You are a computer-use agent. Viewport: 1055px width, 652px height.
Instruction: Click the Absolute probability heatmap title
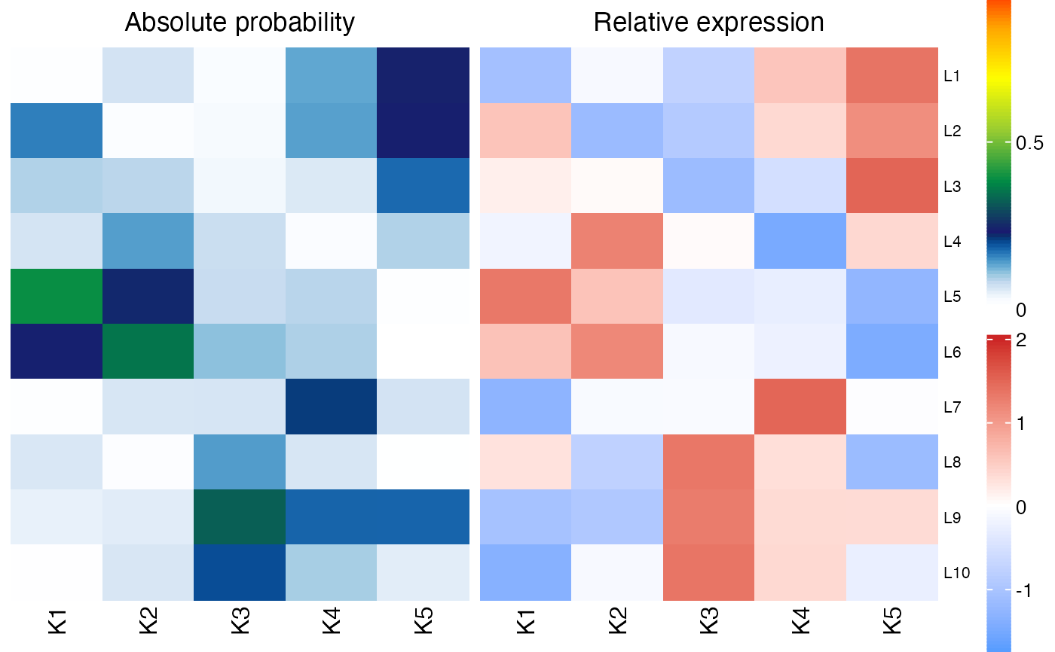pos(240,23)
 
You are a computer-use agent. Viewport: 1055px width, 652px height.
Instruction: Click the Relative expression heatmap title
pos(708,23)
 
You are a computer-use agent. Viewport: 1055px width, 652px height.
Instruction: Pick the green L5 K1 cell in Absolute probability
pos(57,297)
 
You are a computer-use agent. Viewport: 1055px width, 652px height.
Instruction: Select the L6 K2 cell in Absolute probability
pos(148,352)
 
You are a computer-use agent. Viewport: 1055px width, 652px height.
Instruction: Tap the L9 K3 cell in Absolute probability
pos(240,517)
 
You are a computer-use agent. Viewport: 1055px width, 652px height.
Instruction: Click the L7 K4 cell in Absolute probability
pos(332,407)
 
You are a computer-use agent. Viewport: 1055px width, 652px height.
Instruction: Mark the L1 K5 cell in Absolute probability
pos(424,76)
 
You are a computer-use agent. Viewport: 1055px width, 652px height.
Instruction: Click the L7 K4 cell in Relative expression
pos(800,407)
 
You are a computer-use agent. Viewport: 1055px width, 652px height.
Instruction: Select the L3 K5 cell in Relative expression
pos(892,186)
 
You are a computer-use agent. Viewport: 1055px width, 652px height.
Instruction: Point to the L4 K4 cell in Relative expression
pos(800,242)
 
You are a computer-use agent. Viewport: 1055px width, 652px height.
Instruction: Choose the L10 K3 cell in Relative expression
pos(708,573)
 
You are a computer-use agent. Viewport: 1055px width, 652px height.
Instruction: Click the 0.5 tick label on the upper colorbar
pos(1029,143)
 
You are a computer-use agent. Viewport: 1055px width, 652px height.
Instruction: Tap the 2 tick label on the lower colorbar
pos(1021,341)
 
